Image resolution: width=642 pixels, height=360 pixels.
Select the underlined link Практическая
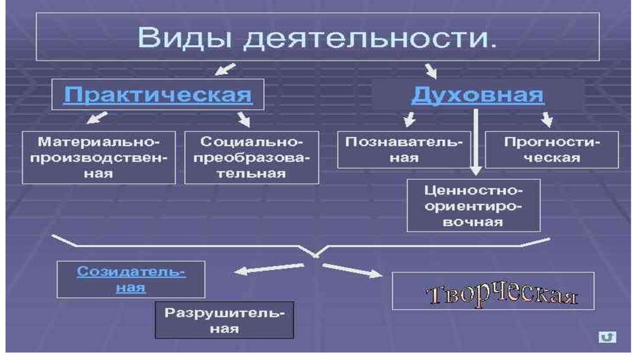click(x=158, y=95)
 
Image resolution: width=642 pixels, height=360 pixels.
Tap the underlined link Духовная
click(x=478, y=95)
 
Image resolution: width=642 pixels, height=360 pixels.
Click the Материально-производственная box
click(x=98, y=157)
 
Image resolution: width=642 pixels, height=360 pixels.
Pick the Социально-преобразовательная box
click(x=251, y=157)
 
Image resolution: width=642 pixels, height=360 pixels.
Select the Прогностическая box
click(x=551, y=149)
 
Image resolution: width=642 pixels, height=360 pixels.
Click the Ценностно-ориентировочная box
click(x=473, y=205)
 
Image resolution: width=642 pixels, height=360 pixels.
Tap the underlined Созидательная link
click(x=131, y=279)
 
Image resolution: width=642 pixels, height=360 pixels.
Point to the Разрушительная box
click(x=224, y=320)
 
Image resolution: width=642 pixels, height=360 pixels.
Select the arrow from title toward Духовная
click(x=431, y=70)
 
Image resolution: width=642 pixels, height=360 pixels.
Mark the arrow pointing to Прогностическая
click(x=547, y=119)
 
